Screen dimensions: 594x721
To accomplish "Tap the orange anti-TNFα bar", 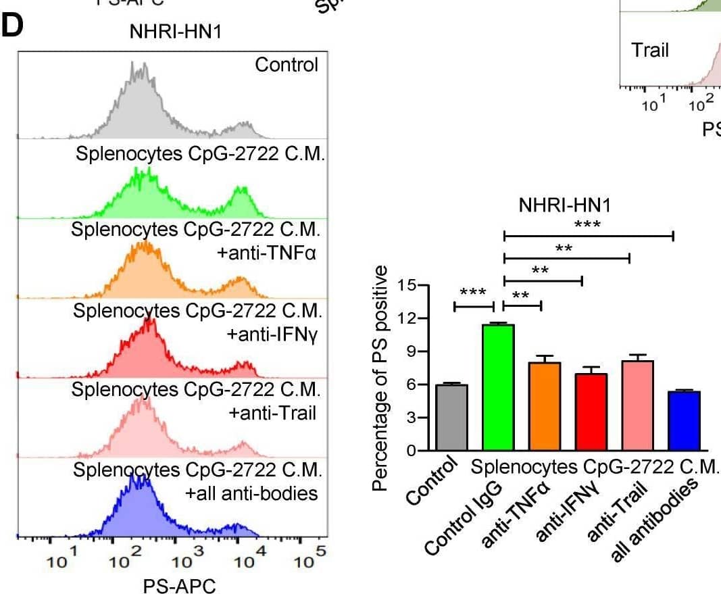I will [545, 406].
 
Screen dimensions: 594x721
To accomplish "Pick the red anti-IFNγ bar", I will [591, 412].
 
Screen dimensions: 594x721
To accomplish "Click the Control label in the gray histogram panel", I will [286, 65].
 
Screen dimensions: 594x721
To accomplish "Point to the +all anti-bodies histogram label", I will [251, 493].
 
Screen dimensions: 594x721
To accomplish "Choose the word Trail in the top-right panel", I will [649, 51].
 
